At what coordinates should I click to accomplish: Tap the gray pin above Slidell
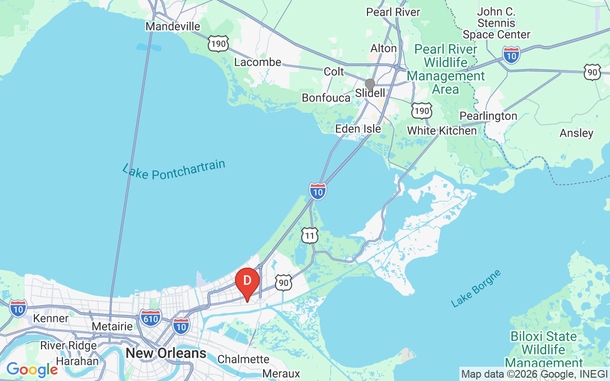[x=370, y=85]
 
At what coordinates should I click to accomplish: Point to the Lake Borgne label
[x=476, y=288]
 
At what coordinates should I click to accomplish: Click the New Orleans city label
[x=166, y=353]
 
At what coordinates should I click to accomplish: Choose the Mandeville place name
[x=173, y=26]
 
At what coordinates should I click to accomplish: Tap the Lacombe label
[x=258, y=62]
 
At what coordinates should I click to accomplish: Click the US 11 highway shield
[x=310, y=235]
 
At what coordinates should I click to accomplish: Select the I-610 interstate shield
[x=151, y=316]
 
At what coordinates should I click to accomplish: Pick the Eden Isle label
[x=358, y=129]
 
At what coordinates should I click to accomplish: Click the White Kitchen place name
[x=442, y=130]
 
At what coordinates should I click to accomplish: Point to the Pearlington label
[x=488, y=116]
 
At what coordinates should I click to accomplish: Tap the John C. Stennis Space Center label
[x=497, y=23]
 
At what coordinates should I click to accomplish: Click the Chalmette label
[x=243, y=359]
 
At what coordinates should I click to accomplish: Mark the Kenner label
[x=51, y=318]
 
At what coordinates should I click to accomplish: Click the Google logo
[x=32, y=370]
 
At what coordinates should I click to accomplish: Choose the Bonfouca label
[x=325, y=98]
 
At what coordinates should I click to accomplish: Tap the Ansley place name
[x=576, y=133]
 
